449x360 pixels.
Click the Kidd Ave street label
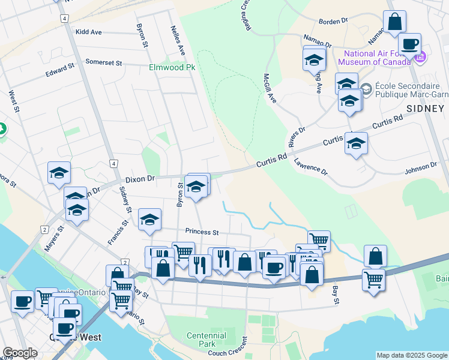(88, 32)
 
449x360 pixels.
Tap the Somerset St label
(103, 62)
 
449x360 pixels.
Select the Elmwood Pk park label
(172, 67)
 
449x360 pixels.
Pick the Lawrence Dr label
(311, 167)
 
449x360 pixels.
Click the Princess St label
(202, 232)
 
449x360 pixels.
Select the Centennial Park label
(206, 340)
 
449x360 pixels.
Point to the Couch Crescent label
(226, 353)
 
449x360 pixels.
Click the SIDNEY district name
(426, 108)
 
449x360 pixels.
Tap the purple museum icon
(420, 58)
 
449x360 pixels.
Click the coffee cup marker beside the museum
(411, 44)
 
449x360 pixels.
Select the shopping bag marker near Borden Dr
(395, 22)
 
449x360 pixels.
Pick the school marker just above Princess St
(149, 220)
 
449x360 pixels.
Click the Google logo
(19, 353)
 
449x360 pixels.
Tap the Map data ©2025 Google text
(411, 355)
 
